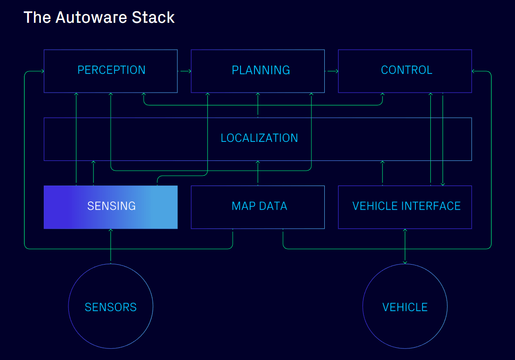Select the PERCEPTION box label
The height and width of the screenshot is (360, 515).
pos(111,70)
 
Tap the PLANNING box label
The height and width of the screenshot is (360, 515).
pos(261,70)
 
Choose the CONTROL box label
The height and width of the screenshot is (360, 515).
pos(406,70)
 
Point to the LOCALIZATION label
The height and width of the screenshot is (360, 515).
pos(259,138)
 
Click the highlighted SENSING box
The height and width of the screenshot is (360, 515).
pos(111,206)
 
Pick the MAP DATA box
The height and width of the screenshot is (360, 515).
pos(259,206)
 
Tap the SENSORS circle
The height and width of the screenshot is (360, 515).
pos(111,307)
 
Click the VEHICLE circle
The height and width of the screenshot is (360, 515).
pos(405,307)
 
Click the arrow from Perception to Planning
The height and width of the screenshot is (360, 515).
pos(185,71)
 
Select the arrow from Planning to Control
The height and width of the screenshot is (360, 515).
pos(332,71)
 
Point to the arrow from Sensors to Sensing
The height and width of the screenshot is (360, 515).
pos(111,247)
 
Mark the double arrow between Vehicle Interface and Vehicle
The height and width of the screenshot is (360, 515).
pos(405,247)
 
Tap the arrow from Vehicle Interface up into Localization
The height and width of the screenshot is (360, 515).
pos(382,173)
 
